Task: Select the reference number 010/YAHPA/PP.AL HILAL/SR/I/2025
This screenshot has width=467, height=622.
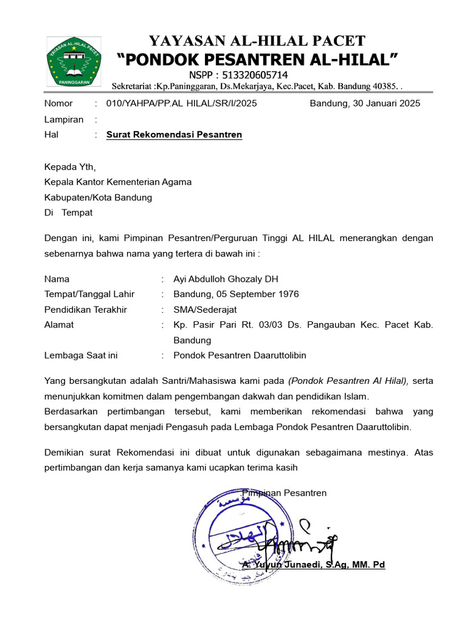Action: (x=181, y=103)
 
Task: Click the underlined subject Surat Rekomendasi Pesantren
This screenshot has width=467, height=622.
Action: (x=174, y=135)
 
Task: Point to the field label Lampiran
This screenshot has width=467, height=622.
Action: (x=64, y=120)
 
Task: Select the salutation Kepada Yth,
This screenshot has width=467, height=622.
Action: (x=70, y=166)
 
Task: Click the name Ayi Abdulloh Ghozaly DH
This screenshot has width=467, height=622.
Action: (x=226, y=279)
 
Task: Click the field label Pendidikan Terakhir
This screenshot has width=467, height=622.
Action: (x=86, y=309)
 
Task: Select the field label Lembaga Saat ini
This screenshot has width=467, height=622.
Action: (x=81, y=355)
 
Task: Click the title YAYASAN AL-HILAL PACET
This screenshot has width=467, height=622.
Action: (x=257, y=41)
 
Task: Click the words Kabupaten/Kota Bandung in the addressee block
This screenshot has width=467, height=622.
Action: (x=98, y=197)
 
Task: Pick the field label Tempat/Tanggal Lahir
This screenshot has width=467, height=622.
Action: (x=89, y=294)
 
